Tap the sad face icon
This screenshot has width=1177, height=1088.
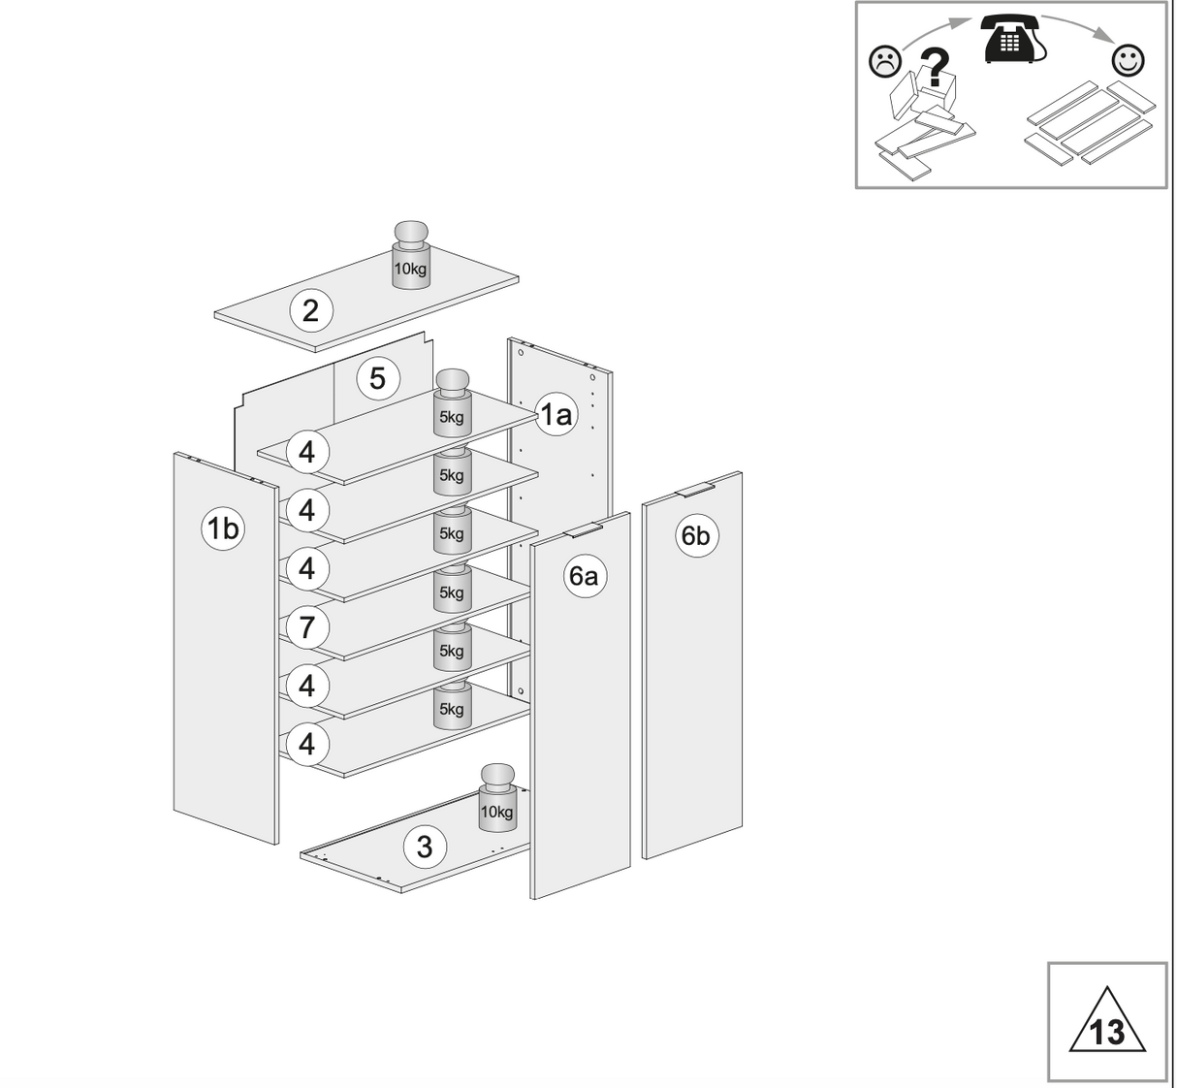(x=883, y=62)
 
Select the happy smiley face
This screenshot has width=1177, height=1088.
(x=1127, y=60)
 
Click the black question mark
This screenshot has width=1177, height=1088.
(x=933, y=69)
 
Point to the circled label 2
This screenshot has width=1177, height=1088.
(x=310, y=310)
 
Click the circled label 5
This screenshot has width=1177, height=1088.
(x=377, y=378)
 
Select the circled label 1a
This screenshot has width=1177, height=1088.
(x=556, y=415)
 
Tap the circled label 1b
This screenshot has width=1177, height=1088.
(x=222, y=528)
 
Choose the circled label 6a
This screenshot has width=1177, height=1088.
(x=583, y=576)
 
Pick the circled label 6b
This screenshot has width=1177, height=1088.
(x=695, y=535)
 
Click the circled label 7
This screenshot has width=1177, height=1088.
(x=307, y=627)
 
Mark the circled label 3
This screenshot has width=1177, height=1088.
(x=424, y=847)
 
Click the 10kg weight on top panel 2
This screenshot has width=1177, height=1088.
(x=410, y=255)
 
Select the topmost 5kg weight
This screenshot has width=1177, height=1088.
(x=452, y=402)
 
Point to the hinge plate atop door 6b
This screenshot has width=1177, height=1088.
(x=695, y=490)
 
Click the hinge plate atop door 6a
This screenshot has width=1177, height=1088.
(x=584, y=530)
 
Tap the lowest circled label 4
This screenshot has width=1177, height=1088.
(x=307, y=745)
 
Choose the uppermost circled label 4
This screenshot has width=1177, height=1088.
(x=307, y=452)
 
